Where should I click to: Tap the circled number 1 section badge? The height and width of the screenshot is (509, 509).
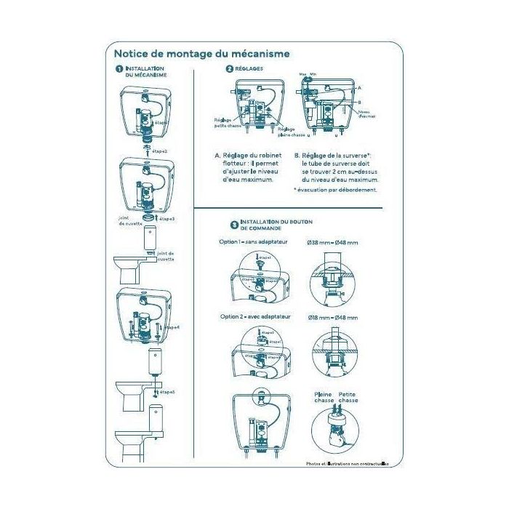(x=118, y=69)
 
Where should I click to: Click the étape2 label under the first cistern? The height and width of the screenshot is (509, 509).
(x=159, y=151)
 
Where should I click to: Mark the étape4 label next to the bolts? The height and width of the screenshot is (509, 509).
(x=172, y=327)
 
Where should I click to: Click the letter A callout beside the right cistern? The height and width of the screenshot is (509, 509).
(x=359, y=87)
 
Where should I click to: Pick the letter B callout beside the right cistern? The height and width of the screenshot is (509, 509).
(x=359, y=103)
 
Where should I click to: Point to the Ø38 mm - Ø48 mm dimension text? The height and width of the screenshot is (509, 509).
(x=332, y=241)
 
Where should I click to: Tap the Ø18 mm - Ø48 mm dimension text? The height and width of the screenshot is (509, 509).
(x=332, y=317)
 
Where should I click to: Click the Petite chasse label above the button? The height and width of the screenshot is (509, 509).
(x=349, y=397)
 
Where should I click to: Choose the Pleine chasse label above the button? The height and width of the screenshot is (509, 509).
(x=324, y=397)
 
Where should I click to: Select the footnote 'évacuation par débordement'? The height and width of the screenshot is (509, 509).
(x=335, y=190)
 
